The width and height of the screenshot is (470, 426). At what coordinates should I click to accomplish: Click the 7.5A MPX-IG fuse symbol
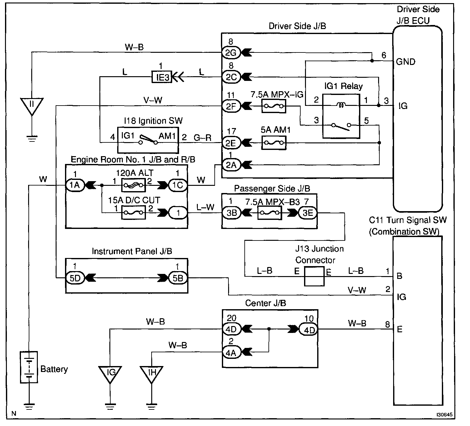pos(274,106)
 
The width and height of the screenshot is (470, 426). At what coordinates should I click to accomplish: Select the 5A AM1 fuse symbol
pos(274,143)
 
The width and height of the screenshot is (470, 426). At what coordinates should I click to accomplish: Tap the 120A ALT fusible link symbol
pos(133,185)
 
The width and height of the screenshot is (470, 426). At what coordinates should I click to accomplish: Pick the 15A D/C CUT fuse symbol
pos(133,213)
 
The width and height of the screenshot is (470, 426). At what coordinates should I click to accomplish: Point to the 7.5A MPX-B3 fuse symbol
pos(270,213)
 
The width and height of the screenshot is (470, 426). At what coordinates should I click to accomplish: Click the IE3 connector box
pos(162,77)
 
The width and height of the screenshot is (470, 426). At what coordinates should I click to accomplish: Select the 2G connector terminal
pos(231,53)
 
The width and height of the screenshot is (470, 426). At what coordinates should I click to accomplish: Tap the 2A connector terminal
pos(231,165)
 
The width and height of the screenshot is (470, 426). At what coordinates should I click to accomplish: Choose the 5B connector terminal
pos(178,278)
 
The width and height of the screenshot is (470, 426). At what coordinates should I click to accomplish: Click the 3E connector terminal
pos(308,213)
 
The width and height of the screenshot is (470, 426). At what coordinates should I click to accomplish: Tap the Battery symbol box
pos(29,367)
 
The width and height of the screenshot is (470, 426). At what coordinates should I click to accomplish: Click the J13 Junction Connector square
pos(314,276)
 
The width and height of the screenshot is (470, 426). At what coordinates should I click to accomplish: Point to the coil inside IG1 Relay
pos(341,105)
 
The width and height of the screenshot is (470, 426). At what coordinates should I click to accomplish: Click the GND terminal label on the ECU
pos(406,62)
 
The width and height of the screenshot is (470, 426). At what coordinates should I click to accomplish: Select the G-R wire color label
pos(202,138)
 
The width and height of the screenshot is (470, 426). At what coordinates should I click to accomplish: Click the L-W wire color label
pos(205,207)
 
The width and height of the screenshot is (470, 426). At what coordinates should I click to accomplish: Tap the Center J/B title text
pos(266,303)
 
